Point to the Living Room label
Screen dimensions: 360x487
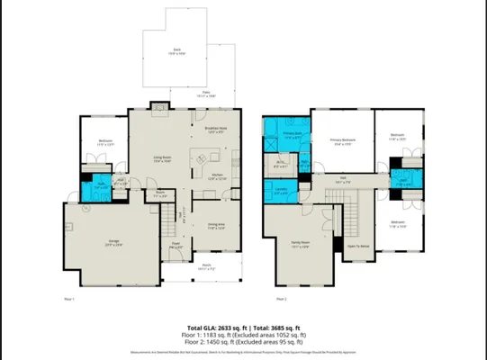click(x=162, y=159)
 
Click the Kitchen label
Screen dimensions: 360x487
click(x=217, y=175)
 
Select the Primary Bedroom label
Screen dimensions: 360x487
click(x=343, y=141)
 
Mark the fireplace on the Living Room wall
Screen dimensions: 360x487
click(x=160, y=104)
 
